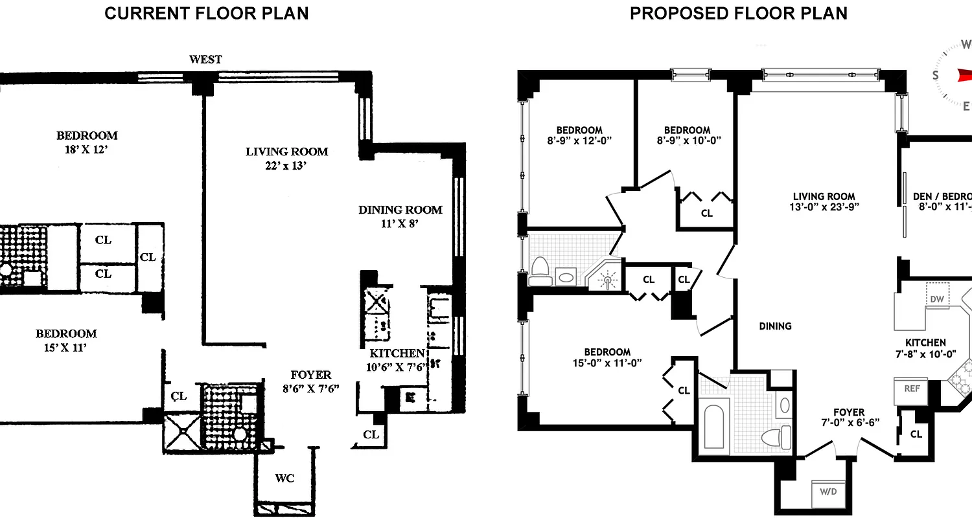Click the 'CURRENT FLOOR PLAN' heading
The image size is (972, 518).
pos(206,13)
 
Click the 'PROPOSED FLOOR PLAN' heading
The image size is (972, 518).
pos(738,13)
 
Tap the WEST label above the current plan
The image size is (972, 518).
pos(205,60)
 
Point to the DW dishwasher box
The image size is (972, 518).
pos(936,298)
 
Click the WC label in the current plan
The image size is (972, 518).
pos(284,478)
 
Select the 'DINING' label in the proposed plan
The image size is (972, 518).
pos(775,326)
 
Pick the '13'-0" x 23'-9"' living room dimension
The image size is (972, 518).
pos(824,208)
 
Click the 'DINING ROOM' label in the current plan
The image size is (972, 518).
pos(400,210)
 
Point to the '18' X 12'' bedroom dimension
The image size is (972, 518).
pos(87,150)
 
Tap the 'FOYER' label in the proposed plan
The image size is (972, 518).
pos(849,412)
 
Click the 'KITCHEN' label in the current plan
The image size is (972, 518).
pos(397,354)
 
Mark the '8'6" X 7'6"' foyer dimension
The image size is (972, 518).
pos(310,388)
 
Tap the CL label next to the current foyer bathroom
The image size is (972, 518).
pos(179,396)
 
